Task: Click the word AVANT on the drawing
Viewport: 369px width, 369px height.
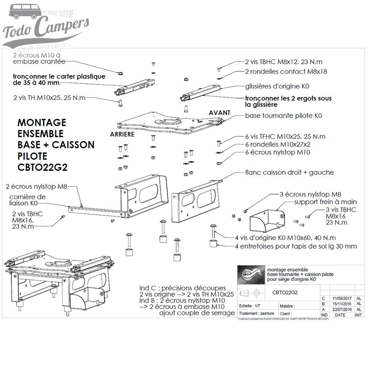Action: point(219,113)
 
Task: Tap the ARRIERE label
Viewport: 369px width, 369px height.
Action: point(122,135)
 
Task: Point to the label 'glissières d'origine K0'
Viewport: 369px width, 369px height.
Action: point(277,86)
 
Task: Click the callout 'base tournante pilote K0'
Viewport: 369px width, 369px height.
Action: point(283,115)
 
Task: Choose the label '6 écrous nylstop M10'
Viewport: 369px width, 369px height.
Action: point(277,152)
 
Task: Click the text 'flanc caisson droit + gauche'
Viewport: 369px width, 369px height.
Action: point(289,172)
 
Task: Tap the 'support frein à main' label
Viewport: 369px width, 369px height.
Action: point(325,202)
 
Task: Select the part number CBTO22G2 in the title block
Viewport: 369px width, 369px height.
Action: point(285,293)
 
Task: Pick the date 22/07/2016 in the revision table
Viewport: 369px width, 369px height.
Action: point(340,310)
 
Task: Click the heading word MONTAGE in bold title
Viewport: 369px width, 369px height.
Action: point(42,122)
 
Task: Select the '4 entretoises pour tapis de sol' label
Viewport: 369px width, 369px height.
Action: point(296,246)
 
